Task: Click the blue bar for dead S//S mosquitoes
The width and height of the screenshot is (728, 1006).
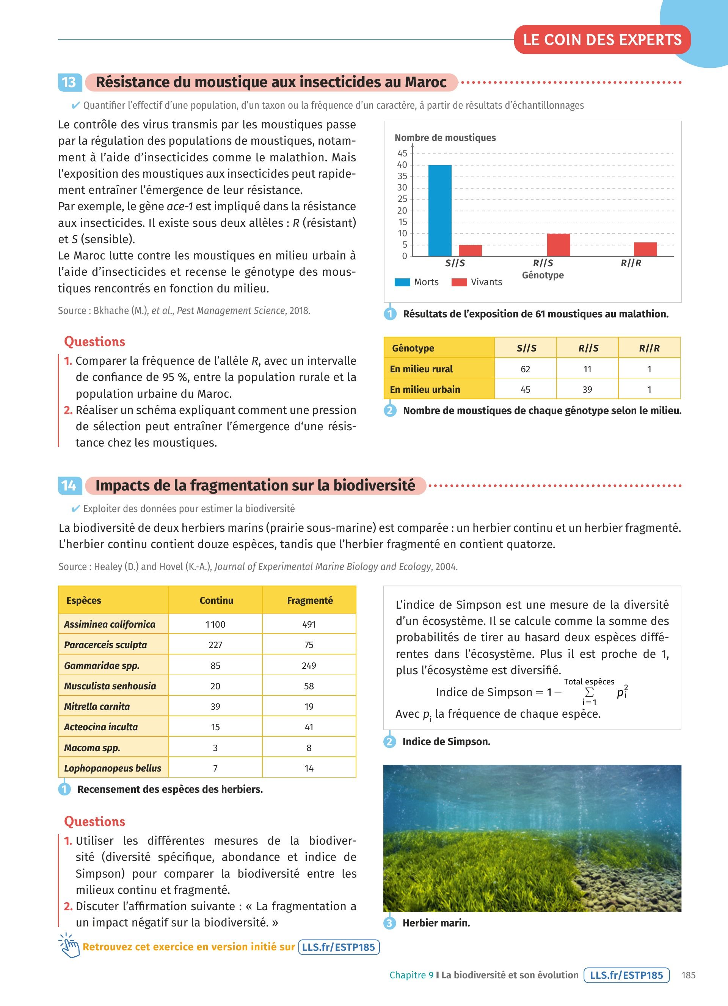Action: (439, 211)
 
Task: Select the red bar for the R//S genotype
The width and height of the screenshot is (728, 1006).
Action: (559, 245)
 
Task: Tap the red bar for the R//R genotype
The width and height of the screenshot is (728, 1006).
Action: (645, 249)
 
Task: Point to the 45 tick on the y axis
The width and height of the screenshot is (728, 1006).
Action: (402, 153)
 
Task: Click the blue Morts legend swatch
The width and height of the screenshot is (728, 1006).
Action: (402, 282)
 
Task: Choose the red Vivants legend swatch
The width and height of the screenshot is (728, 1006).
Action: (459, 282)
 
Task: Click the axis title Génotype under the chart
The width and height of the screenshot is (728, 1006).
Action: (543, 275)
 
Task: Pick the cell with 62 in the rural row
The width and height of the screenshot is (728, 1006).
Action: (525, 369)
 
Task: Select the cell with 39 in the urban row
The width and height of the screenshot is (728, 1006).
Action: (587, 389)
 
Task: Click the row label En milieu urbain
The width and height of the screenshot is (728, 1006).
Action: (425, 389)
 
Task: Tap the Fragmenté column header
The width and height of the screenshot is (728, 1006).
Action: (309, 600)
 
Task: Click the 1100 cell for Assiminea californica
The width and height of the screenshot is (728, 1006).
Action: (215, 624)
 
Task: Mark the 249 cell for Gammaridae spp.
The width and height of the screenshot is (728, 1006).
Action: (309, 665)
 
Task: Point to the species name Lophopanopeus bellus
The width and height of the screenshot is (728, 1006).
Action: (113, 768)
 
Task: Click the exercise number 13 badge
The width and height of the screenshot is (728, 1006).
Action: (70, 83)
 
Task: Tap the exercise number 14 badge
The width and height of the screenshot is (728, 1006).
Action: (70, 486)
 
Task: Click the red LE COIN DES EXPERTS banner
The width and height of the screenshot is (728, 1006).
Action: (602, 40)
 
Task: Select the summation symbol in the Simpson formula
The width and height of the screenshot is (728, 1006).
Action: (589, 692)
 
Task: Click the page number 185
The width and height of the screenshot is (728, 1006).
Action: (688, 975)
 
